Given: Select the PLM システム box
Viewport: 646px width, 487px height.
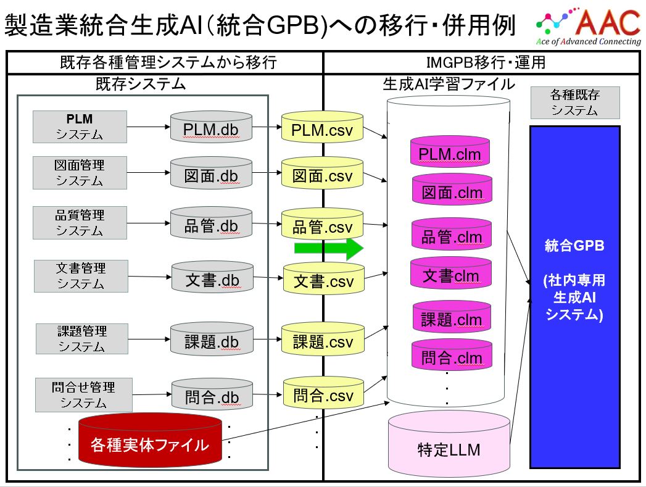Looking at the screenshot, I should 80,127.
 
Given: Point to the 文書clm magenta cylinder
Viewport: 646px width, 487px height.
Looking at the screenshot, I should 450,275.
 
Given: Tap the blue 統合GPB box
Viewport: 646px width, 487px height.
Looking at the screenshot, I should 574,297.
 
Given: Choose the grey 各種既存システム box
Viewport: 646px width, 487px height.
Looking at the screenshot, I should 574,102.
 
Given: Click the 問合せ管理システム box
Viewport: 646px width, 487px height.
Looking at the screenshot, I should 83,395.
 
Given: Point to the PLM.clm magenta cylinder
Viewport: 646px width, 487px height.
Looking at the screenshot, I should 449,152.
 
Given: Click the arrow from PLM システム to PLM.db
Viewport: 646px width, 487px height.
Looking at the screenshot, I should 147,128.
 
